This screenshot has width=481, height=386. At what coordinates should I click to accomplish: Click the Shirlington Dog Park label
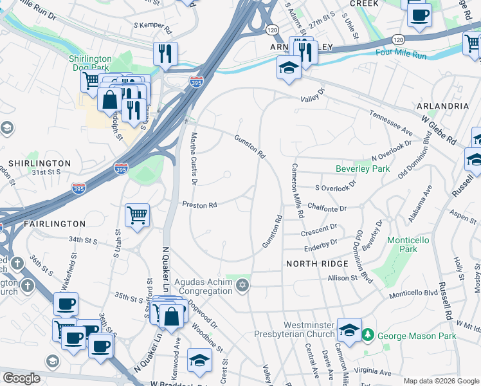tap(90, 63)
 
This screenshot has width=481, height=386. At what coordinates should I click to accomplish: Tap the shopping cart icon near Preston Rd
tap(138, 215)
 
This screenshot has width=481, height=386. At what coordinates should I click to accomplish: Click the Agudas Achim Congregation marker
tap(242, 284)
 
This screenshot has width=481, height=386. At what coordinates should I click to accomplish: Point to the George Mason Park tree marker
tap(367, 335)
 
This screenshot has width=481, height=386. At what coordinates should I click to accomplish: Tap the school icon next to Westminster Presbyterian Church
tap(349, 330)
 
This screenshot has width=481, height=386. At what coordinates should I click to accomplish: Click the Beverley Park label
tap(363, 169)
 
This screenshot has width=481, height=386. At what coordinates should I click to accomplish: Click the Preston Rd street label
tap(199, 205)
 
